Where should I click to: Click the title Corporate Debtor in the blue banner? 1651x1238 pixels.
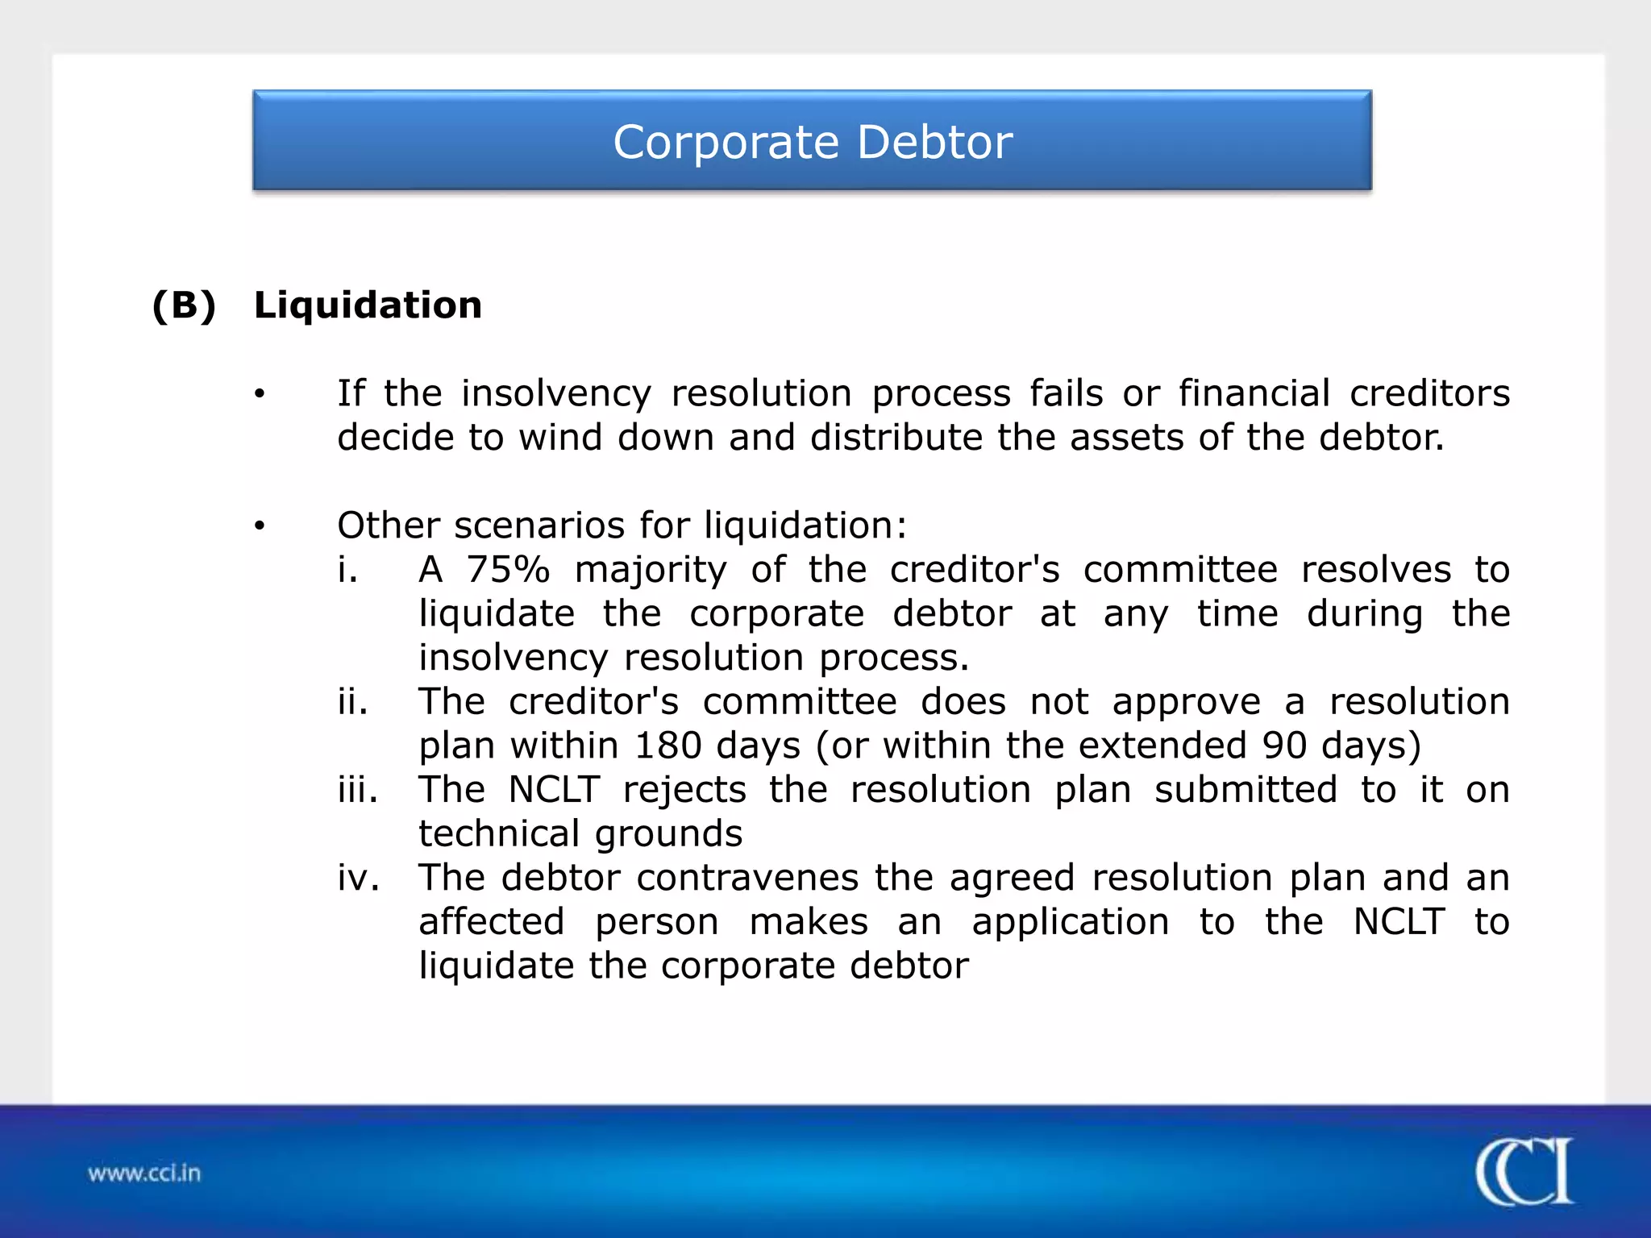click(x=813, y=143)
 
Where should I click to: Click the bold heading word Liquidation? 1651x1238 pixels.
click(x=368, y=305)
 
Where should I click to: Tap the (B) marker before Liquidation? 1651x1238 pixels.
click(x=185, y=305)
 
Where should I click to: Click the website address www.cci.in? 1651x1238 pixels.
click(x=144, y=1173)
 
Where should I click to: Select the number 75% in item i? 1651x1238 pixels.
click(x=508, y=570)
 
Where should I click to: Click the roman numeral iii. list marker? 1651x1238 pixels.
click(x=358, y=790)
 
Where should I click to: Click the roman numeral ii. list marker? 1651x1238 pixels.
click(x=353, y=702)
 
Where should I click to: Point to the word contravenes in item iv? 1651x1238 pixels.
click(x=747, y=878)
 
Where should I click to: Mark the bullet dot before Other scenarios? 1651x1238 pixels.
click(x=259, y=526)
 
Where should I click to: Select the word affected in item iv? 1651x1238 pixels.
click(x=492, y=922)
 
